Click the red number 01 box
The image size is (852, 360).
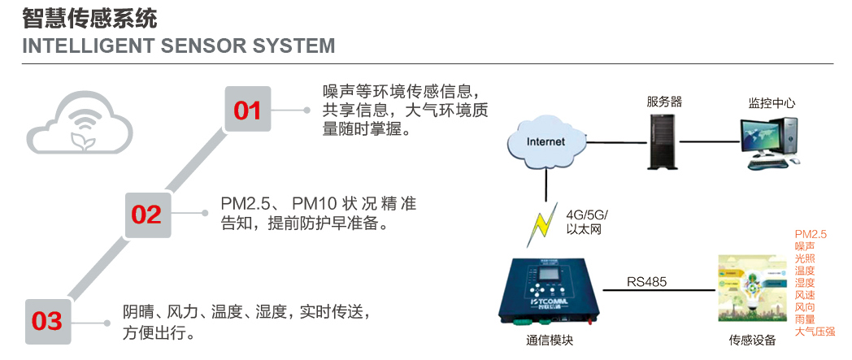point(248,109)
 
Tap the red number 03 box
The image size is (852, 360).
point(48,322)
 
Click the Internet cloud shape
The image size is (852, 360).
point(546,143)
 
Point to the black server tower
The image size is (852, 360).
point(661,141)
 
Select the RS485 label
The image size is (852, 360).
point(646,282)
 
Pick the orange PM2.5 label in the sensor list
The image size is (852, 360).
point(811,234)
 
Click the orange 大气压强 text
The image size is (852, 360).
point(815,332)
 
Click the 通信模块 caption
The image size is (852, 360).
point(550,340)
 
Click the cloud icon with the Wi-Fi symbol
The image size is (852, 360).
point(80,123)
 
